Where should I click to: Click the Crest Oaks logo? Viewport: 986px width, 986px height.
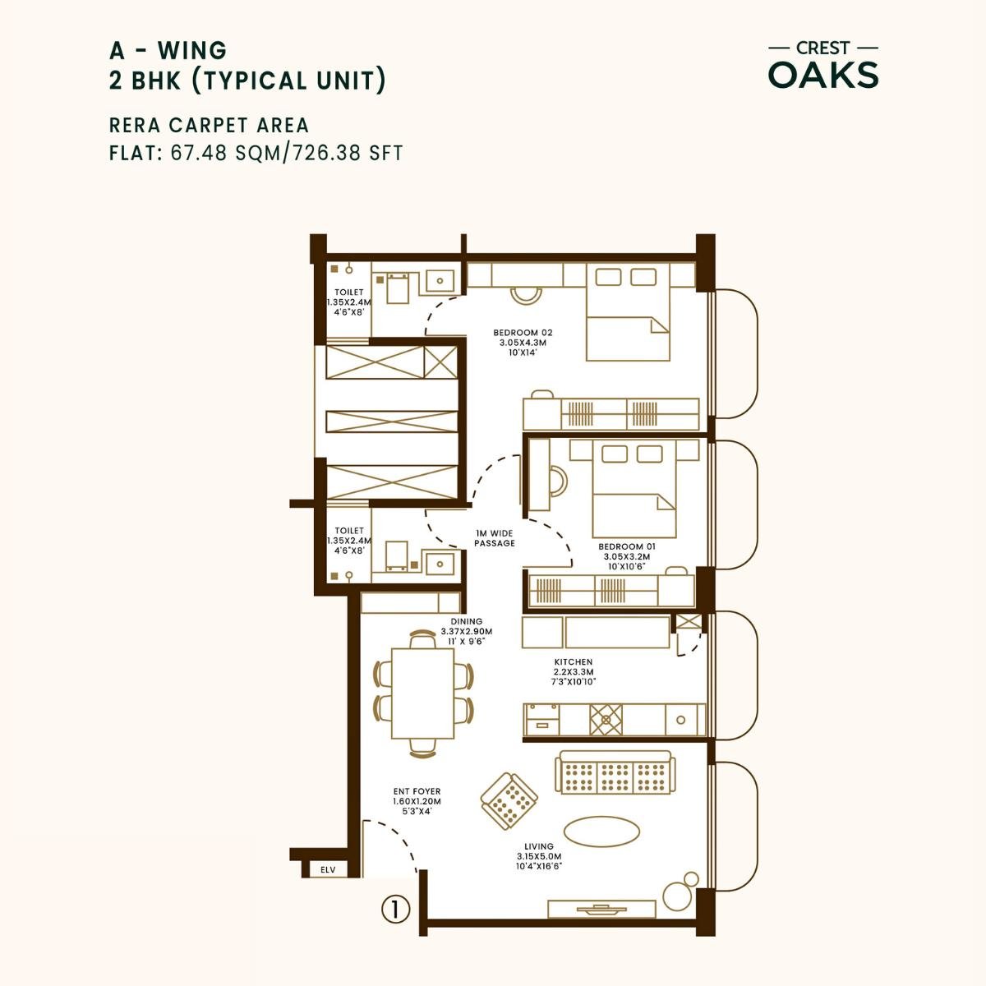[822, 65]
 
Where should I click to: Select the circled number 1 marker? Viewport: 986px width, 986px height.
[395, 909]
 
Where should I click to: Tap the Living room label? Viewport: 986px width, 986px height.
[539, 855]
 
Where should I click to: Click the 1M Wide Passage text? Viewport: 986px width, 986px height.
[495, 538]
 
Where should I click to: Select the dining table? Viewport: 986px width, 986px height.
[422, 693]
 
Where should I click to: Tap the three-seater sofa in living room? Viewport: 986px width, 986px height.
[615, 772]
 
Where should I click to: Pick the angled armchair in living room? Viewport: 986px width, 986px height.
[509, 800]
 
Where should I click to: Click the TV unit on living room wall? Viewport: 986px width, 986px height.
[602, 909]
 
